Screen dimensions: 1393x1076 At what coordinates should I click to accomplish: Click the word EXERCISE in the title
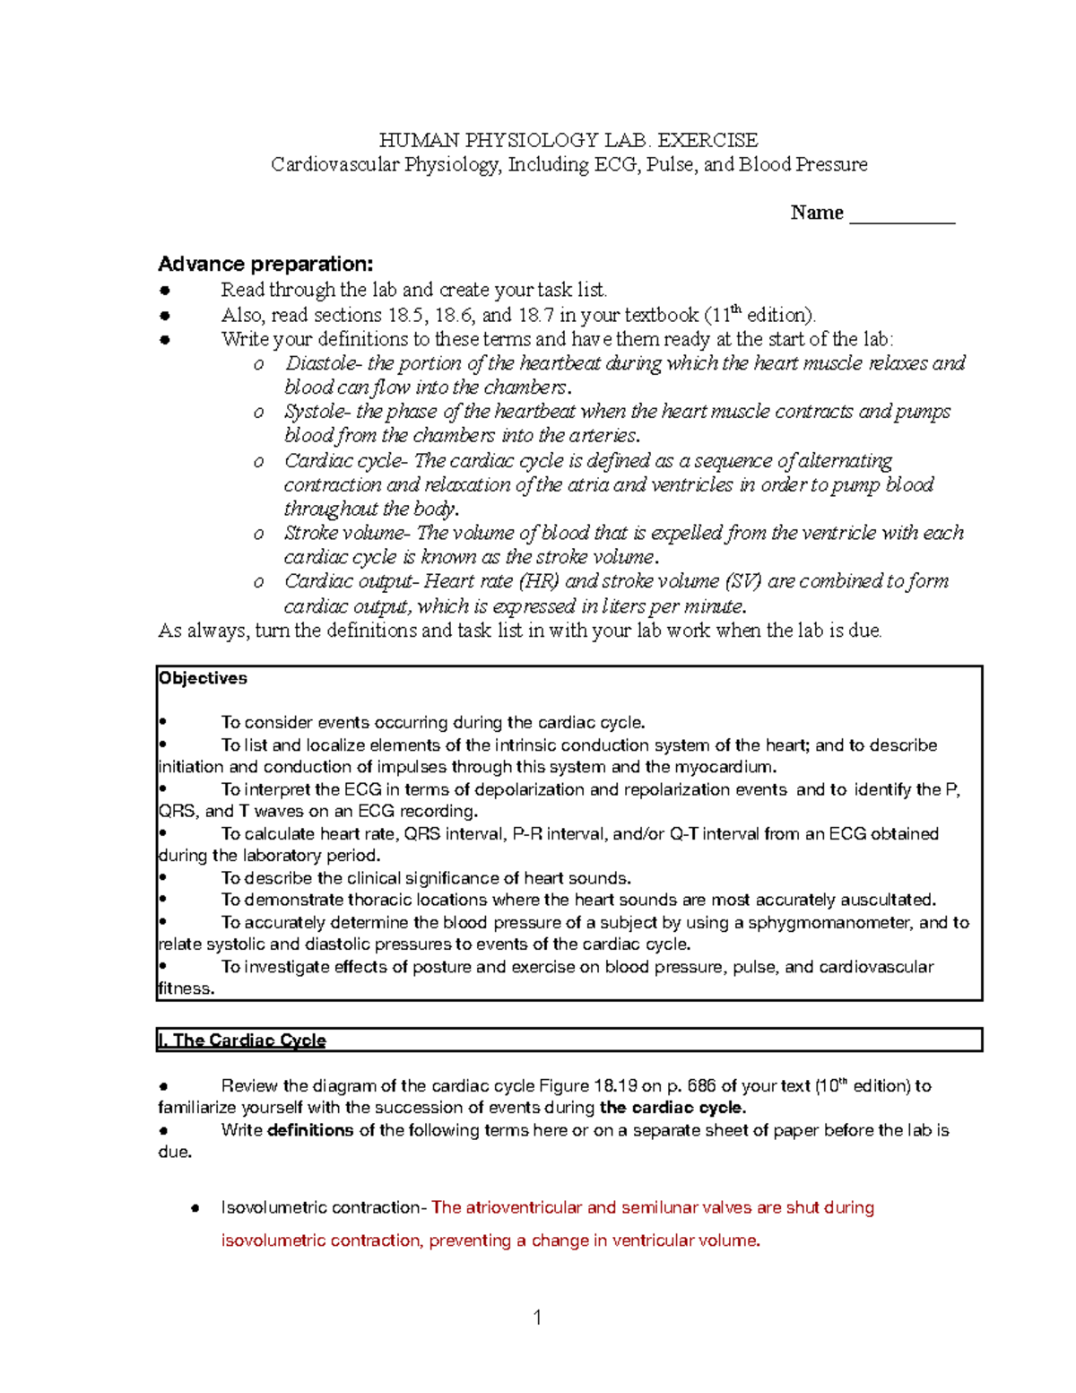[707, 141]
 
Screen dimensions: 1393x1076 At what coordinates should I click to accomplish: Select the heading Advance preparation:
[265, 264]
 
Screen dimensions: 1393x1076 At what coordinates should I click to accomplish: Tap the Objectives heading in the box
[203, 678]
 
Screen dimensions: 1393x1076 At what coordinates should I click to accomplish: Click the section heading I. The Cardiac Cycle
[241, 1040]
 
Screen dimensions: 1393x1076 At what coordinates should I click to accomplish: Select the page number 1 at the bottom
[537, 1317]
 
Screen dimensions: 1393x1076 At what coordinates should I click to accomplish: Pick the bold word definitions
[310, 1130]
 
